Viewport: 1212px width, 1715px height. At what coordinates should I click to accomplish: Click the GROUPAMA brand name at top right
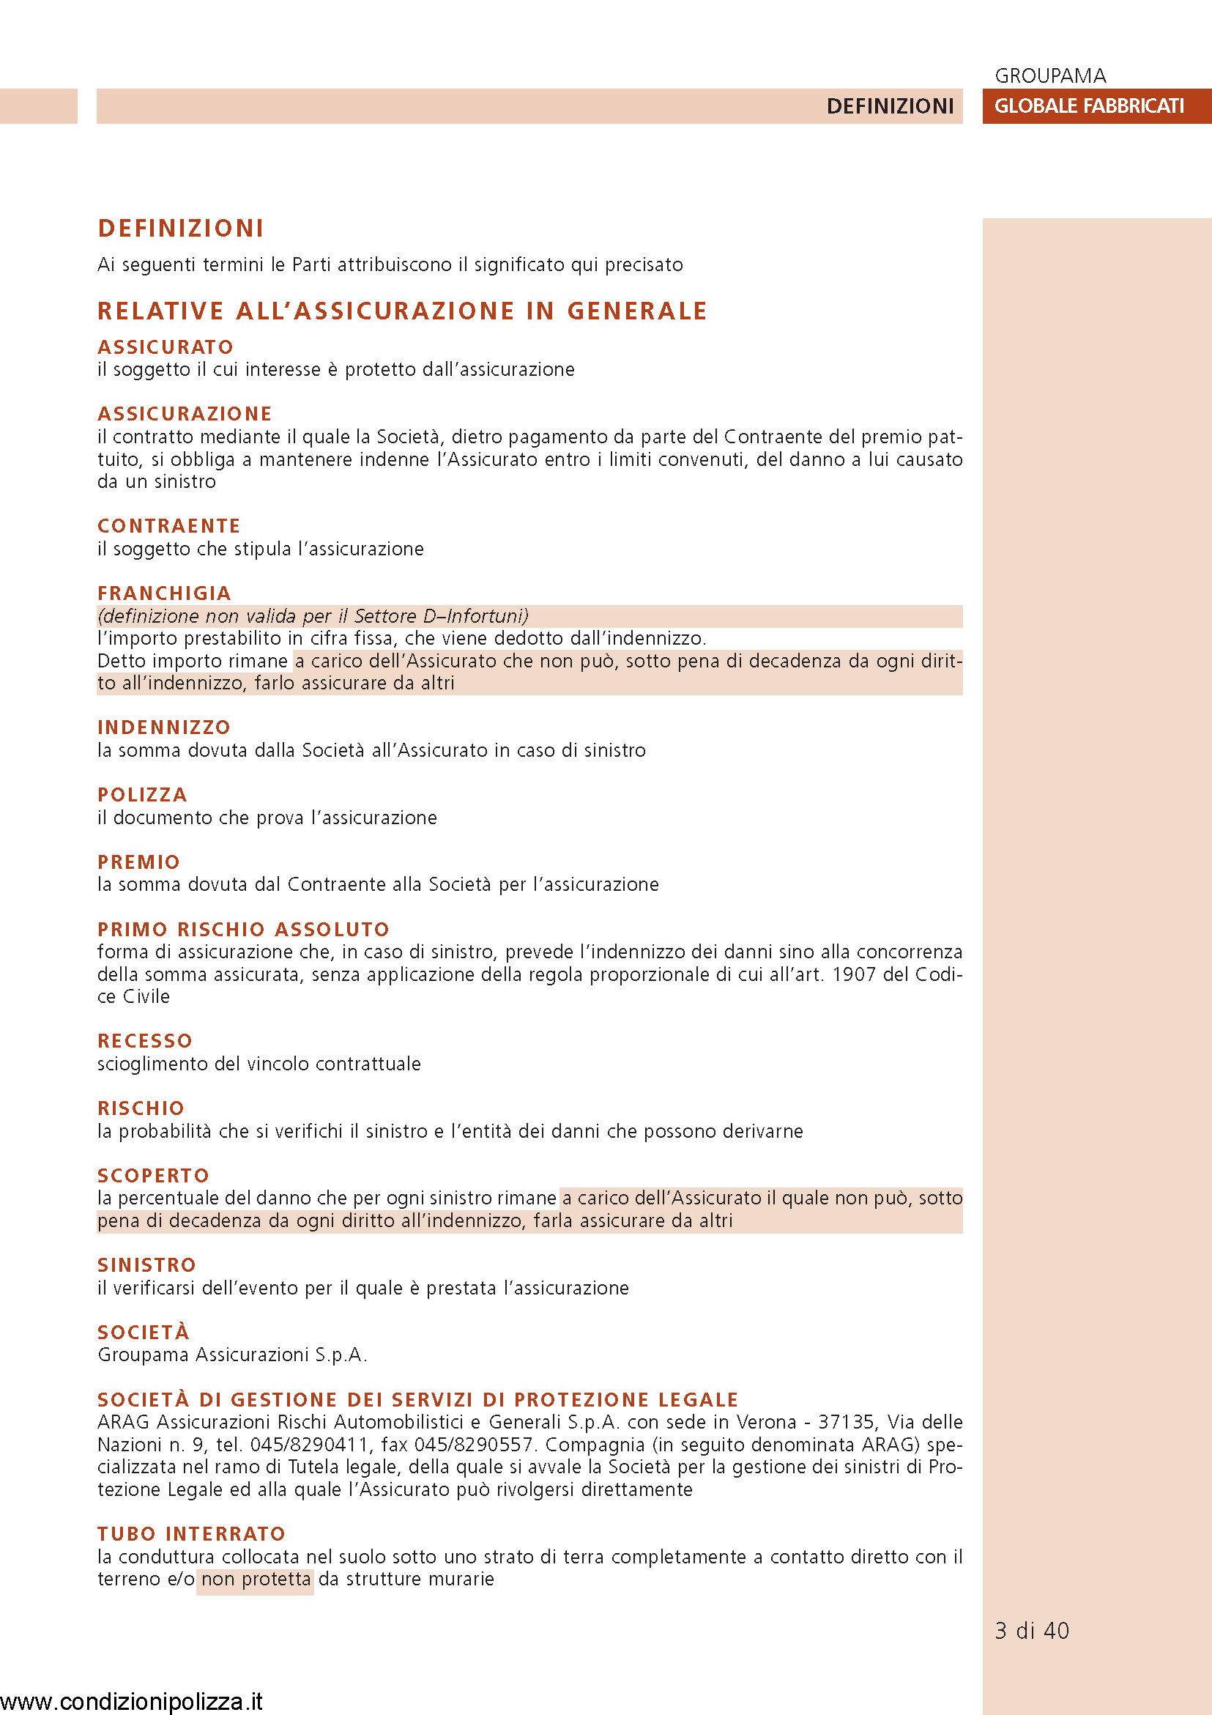[1050, 75]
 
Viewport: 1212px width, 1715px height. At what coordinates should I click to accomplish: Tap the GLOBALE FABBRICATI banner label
[1089, 106]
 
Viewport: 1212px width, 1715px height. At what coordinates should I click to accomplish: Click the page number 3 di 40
[1031, 1630]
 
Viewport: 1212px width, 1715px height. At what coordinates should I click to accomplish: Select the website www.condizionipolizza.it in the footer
[131, 1701]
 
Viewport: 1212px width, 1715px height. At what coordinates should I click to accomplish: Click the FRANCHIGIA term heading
[164, 593]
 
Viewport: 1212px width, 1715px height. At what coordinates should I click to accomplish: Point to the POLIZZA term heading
[142, 795]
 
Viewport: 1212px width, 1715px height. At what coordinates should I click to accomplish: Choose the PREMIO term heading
[139, 862]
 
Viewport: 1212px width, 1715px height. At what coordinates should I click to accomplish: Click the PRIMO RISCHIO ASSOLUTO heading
[243, 929]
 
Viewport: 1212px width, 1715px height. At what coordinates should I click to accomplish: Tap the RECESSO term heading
[145, 1040]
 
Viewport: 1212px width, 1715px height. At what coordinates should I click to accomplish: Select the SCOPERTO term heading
[153, 1175]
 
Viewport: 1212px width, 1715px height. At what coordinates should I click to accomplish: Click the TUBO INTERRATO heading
[191, 1533]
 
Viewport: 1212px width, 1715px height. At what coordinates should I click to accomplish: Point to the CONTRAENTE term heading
[168, 526]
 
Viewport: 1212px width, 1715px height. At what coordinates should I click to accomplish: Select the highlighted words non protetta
[256, 1579]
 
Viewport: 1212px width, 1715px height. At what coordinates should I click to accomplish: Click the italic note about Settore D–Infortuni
[313, 616]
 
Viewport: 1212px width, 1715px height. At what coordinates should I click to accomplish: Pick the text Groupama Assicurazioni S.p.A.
[232, 1355]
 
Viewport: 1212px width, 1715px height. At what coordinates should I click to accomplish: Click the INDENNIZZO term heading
[163, 727]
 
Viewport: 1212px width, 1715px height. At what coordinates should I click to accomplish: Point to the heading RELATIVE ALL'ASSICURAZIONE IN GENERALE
[402, 311]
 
